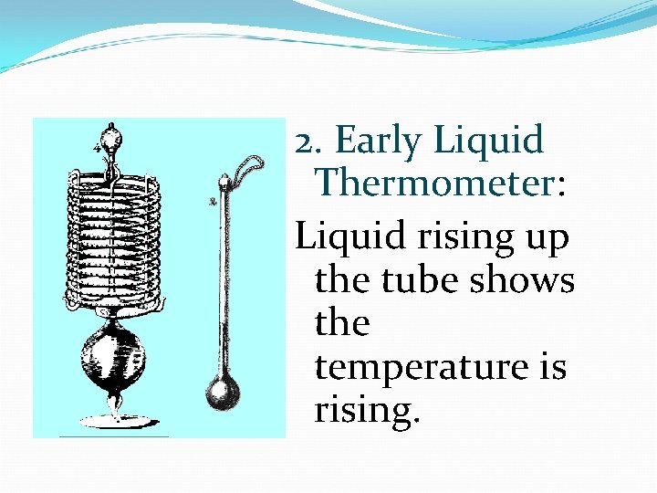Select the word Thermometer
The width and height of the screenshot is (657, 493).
click(433, 184)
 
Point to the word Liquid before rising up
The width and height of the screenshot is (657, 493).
click(349, 237)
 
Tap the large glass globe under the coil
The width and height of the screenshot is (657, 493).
click(114, 351)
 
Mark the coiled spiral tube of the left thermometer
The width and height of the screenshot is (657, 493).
click(113, 237)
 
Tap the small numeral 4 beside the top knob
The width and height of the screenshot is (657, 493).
click(96, 146)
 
